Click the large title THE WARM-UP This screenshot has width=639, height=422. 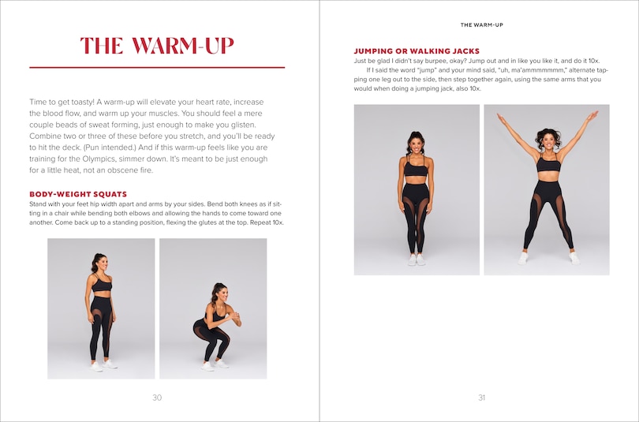pyautogui.click(x=157, y=46)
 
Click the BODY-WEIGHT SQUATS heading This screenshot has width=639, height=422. pyautogui.click(x=78, y=194)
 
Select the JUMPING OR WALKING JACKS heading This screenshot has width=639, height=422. pyautogui.click(x=417, y=51)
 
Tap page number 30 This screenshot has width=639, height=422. pyautogui.click(x=157, y=398)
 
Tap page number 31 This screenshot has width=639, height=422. pyautogui.click(x=481, y=398)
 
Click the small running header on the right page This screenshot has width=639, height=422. pyautogui.click(x=481, y=24)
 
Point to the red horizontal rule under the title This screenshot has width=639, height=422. pyautogui.click(x=157, y=68)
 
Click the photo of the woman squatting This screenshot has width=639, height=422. pyautogui.click(x=213, y=308)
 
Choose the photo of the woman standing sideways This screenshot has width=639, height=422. pyautogui.click(x=101, y=308)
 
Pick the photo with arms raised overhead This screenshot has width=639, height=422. pyautogui.click(x=546, y=190)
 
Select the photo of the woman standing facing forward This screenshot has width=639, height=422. pyautogui.click(x=417, y=190)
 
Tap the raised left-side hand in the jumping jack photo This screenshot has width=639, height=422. pyautogui.click(x=500, y=117)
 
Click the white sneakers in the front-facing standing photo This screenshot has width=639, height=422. pyautogui.click(x=416, y=260)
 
